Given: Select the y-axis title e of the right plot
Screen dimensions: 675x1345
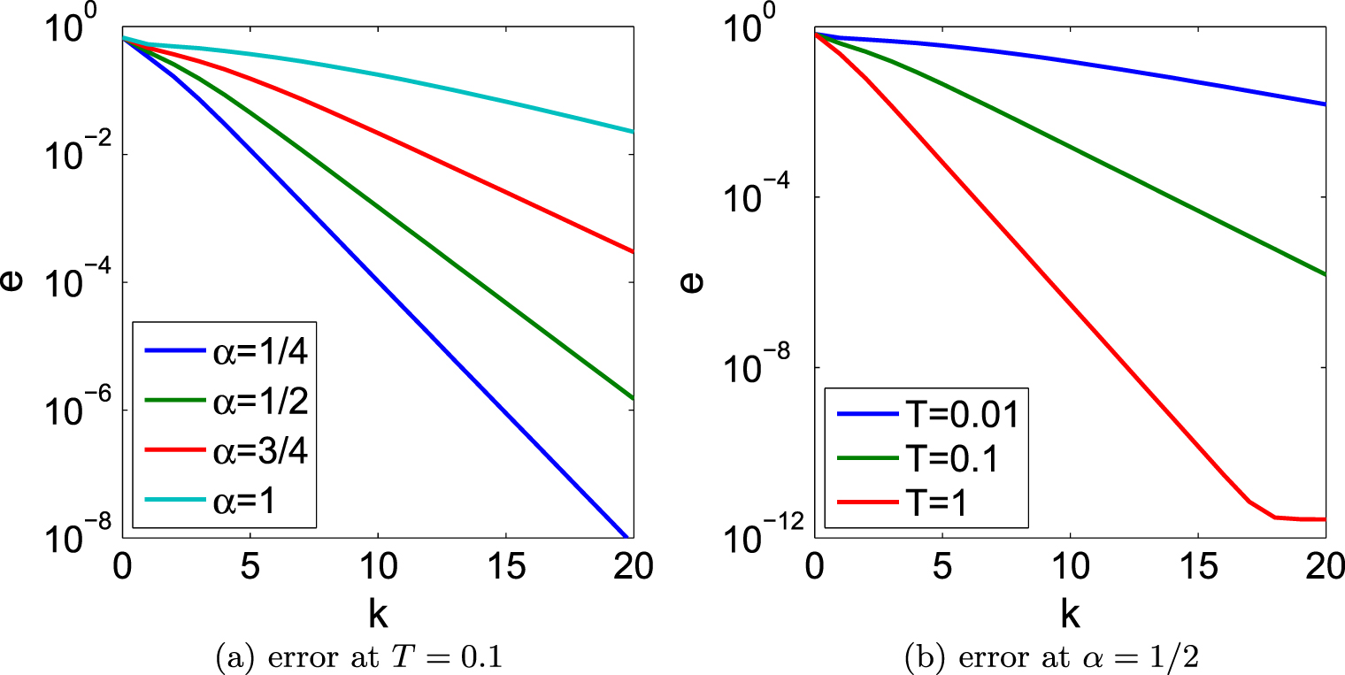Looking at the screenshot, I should [698, 281].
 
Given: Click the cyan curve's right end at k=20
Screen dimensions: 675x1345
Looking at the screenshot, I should [633, 132].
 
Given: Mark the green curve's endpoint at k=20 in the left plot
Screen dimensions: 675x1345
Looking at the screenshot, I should [633, 399].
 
